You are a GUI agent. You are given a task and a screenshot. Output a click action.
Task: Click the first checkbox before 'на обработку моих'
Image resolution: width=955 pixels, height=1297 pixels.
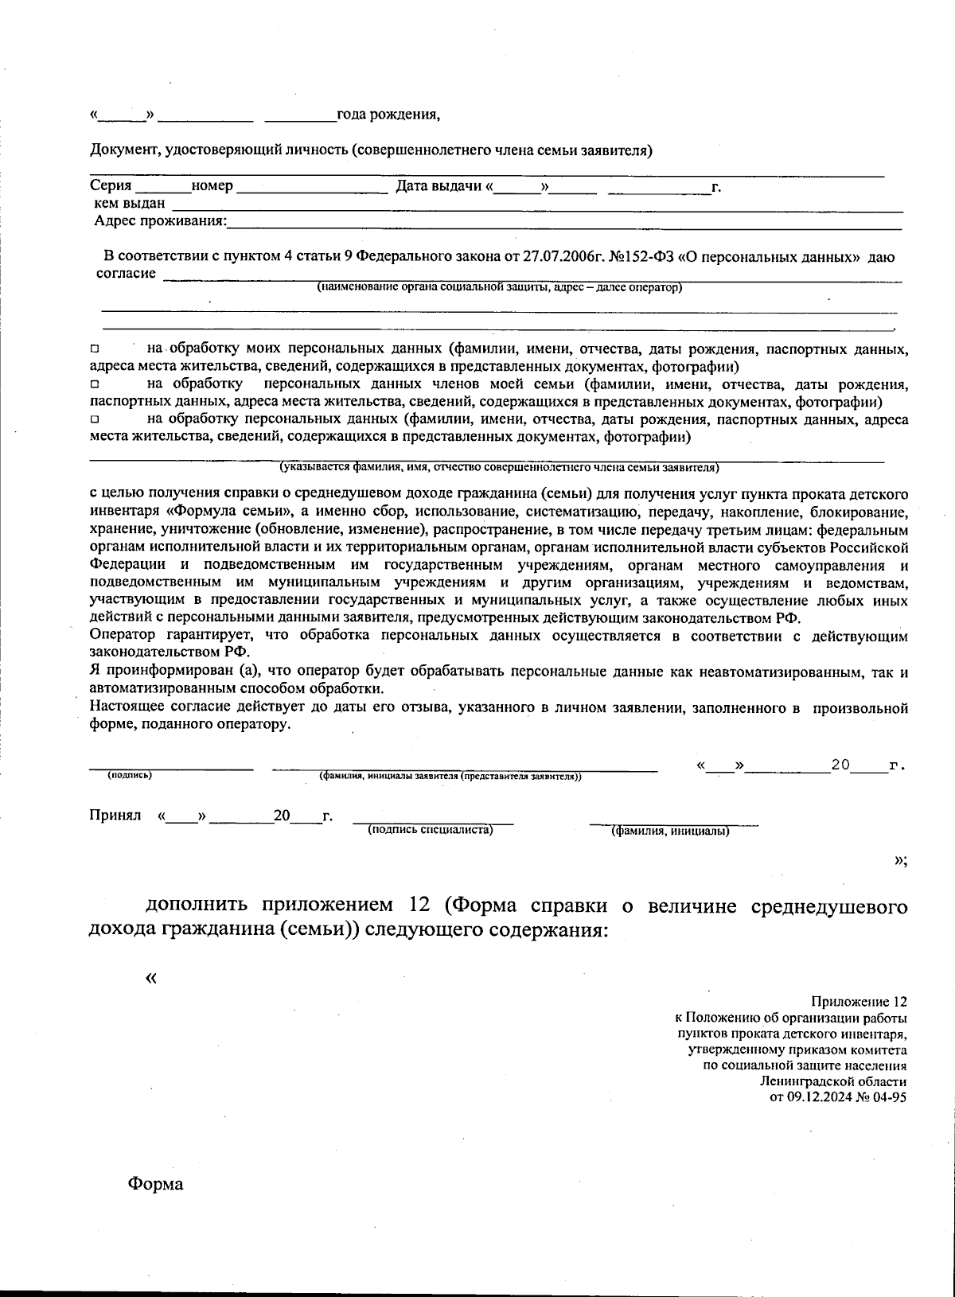[94, 349]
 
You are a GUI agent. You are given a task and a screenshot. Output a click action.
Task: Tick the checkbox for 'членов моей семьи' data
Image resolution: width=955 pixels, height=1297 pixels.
[94, 384]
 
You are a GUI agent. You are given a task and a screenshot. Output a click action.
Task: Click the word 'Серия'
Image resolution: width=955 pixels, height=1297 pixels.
[111, 186]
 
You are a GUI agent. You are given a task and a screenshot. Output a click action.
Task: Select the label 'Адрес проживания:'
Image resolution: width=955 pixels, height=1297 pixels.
[160, 221]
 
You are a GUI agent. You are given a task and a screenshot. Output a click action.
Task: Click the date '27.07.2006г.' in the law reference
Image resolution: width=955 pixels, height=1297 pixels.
[563, 257]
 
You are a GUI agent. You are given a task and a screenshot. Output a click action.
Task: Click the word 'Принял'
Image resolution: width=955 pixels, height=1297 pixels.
[115, 816]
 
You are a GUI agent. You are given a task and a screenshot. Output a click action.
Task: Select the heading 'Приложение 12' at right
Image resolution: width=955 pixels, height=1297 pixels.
[859, 1002]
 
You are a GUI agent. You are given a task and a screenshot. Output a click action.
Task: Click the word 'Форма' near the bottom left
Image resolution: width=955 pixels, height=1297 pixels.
[156, 1185]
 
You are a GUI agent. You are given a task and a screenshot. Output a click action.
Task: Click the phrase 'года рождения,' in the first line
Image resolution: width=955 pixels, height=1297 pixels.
[388, 115]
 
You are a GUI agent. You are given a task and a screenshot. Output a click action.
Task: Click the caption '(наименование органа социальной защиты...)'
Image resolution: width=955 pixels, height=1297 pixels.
[499, 287]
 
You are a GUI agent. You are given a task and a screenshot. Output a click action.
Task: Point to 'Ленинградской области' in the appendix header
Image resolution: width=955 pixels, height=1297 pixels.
[832, 1081]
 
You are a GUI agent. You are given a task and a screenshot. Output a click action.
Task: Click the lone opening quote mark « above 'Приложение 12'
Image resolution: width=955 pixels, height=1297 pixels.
[151, 978]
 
